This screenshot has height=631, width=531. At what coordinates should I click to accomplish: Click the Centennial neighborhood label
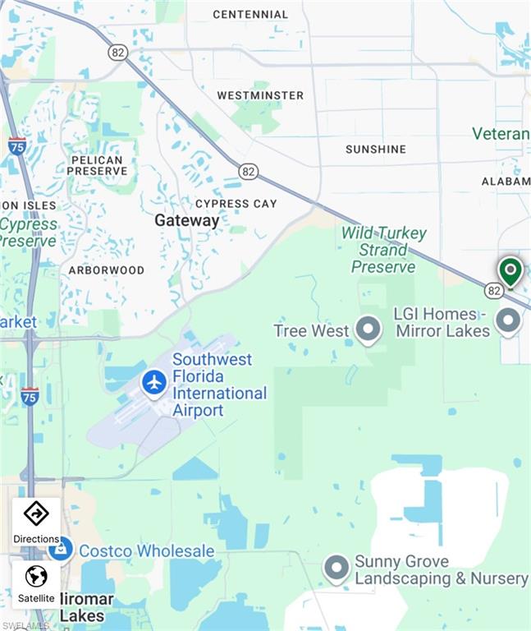tap(250, 14)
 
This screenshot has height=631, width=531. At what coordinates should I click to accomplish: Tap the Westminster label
tap(260, 95)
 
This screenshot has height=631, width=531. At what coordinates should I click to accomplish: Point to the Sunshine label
tap(375, 149)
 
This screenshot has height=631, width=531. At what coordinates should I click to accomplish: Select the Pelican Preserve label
tap(97, 165)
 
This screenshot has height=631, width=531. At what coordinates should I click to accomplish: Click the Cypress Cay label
tap(236, 203)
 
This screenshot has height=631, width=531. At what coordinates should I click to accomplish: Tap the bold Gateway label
tap(187, 220)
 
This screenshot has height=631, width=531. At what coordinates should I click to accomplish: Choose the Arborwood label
tap(106, 269)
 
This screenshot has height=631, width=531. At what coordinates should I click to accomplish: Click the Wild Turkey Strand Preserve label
tap(383, 249)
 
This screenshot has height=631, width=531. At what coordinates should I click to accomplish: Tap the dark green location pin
tap(510, 270)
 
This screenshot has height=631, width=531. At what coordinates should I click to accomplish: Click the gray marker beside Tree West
tap(367, 329)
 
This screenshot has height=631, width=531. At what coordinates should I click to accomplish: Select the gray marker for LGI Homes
tap(509, 320)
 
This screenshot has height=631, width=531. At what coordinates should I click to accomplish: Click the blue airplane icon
tap(153, 381)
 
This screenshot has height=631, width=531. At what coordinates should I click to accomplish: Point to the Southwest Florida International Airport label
tap(219, 385)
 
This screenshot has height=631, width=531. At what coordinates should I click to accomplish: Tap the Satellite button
tap(36, 583)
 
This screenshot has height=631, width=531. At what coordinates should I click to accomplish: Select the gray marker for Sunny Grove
tap(336, 568)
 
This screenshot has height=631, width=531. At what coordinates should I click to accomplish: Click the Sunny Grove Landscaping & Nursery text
tap(441, 569)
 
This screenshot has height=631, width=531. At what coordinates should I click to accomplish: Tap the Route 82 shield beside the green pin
tap(493, 290)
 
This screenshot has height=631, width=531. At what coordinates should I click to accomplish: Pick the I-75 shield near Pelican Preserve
tap(17, 145)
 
